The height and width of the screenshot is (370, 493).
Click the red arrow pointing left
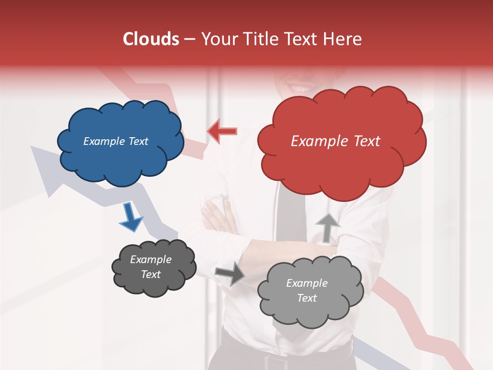pyautogui.click(x=222, y=132)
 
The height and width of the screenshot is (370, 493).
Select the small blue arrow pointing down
pyautogui.click(x=130, y=217)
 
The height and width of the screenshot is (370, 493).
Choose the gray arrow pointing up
pyautogui.click(x=327, y=228)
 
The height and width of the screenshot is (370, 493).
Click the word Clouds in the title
pyautogui.click(x=150, y=39)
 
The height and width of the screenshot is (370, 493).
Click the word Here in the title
pyautogui.click(x=343, y=39)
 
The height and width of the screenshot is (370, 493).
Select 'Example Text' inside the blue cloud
pyautogui.click(x=116, y=141)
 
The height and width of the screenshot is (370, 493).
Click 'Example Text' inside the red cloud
pyautogui.click(x=335, y=141)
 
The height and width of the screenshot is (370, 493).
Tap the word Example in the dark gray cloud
pyautogui.click(x=150, y=260)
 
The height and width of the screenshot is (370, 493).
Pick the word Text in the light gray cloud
pyautogui.click(x=307, y=298)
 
